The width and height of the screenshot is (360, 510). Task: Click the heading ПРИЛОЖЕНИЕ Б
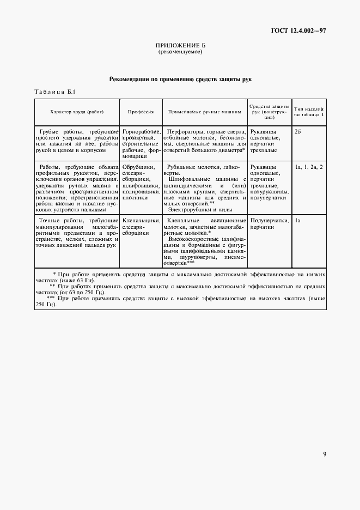(180, 46)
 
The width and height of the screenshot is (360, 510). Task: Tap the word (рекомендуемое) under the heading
(180, 52)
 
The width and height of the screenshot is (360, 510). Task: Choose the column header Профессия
(141, 112)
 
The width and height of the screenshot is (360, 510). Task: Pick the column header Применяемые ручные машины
(204, 112)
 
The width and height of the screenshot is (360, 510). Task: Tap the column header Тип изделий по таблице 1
(309, 112)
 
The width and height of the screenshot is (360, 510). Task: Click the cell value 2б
(298, 132)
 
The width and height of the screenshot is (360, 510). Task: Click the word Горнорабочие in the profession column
(141, 132)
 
